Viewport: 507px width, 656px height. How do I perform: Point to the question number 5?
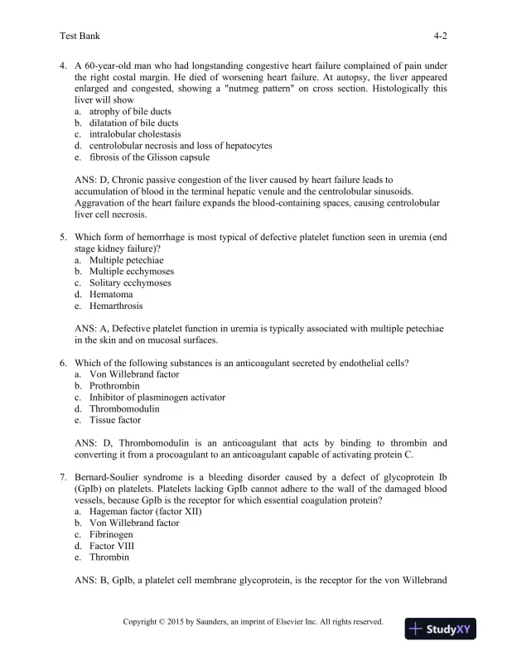(64, 236)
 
